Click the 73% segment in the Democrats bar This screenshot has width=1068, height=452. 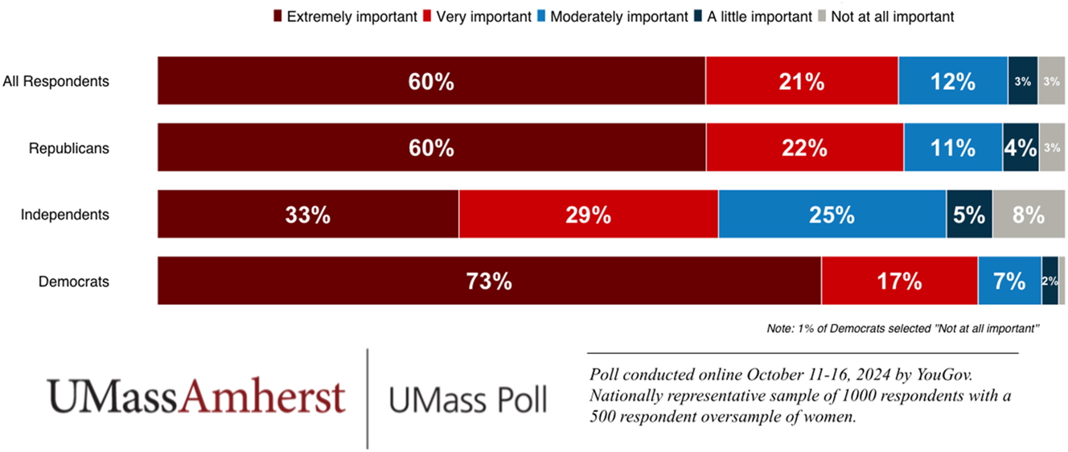[489, 281]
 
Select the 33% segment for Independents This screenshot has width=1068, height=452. [307, 215]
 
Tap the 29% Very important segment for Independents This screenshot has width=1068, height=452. [588, 215]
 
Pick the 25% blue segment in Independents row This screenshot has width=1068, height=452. [832, 215]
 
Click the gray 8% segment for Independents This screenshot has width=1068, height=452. [1028, 215]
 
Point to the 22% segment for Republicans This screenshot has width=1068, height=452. [804, 148]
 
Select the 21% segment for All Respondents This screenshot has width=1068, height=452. [801, 81]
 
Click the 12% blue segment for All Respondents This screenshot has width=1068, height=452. [952, 81]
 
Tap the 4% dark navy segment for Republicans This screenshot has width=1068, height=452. [1020, 148]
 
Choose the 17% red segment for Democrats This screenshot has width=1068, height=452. [899, 281]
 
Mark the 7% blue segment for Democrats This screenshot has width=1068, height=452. [1009, 281]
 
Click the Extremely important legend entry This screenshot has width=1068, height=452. [345, 16]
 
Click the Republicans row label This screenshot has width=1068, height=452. [68, 148]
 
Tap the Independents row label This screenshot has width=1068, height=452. [64, 215]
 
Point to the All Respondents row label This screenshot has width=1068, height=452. [56, 81]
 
